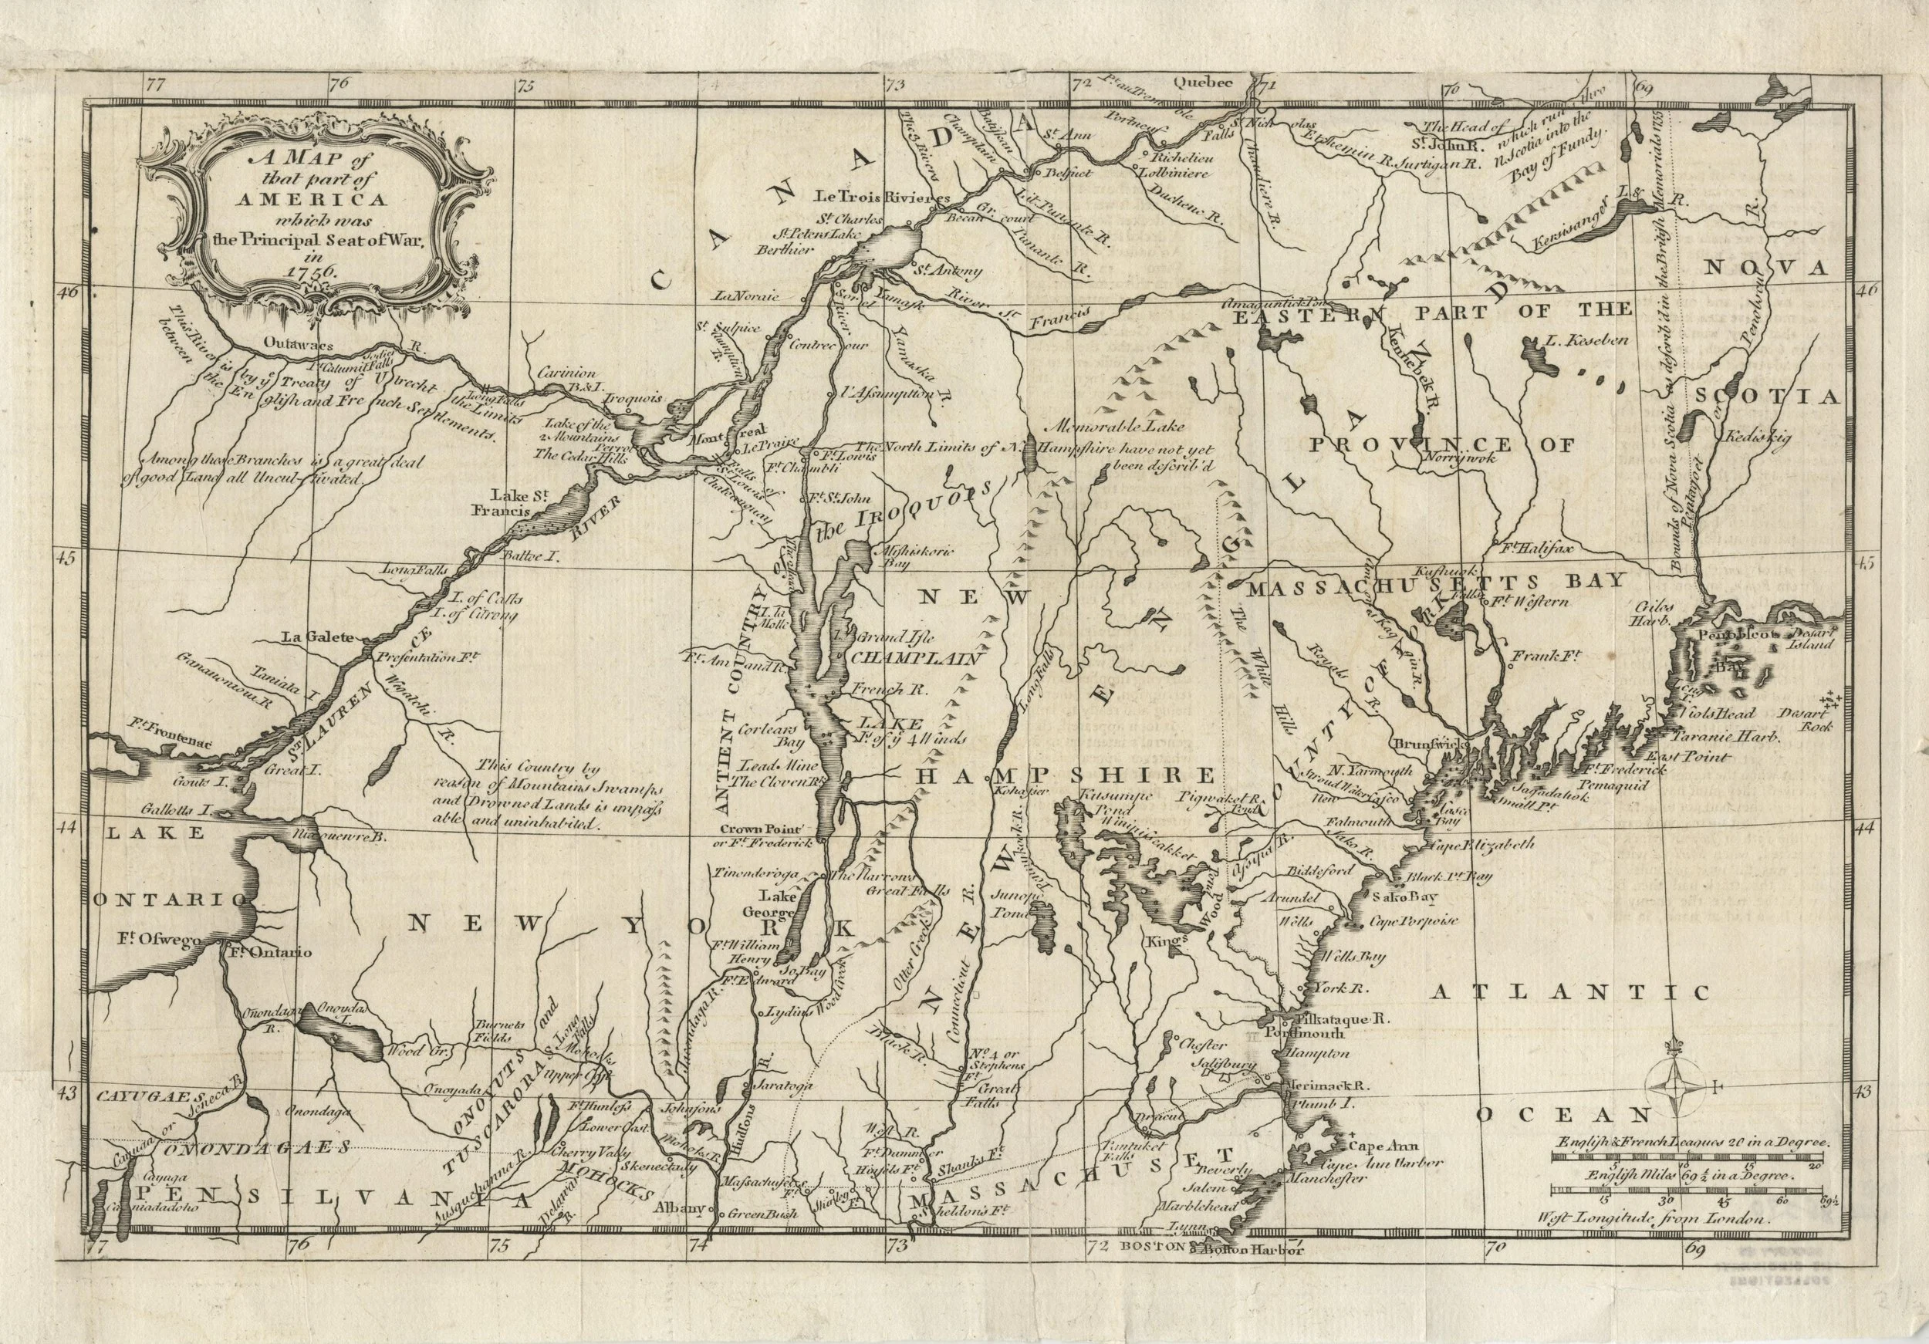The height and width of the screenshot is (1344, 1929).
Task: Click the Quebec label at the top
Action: pyautogui.click(x=1203, y=83)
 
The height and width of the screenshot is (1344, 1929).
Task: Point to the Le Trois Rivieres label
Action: pyautogui.click(x=883, y=198)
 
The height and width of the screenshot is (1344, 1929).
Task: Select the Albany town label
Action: pyautogui.click(x=680, y=1209)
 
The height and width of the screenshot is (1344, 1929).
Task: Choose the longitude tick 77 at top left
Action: pyautogui.click(x=154, y=85)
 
